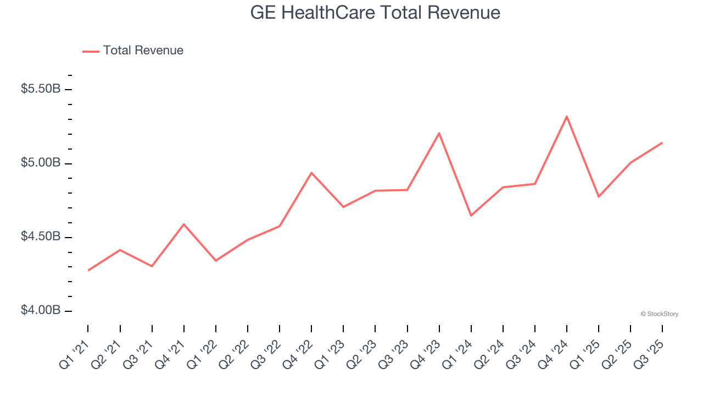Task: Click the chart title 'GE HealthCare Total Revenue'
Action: coord(375,13)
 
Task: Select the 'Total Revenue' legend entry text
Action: coord(143,51)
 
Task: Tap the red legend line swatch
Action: coord(91,51)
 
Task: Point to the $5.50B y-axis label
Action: coord(41,89)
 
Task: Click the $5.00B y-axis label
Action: coord(41,163)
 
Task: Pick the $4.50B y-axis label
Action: coord(41,237)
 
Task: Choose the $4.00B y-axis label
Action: coord(41,311)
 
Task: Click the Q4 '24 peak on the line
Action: coord(566,116)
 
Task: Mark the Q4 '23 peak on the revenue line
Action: coord(439,133)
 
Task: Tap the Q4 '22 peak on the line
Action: coord(311,173)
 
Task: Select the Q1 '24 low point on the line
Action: coord(471,216)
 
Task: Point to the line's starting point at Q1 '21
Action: coord(88,271)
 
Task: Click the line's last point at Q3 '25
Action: coord(662,142)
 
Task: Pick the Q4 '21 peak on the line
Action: coord(183,224)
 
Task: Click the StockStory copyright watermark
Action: coord(659,314)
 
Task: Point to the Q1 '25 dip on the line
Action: coord(598,196)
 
